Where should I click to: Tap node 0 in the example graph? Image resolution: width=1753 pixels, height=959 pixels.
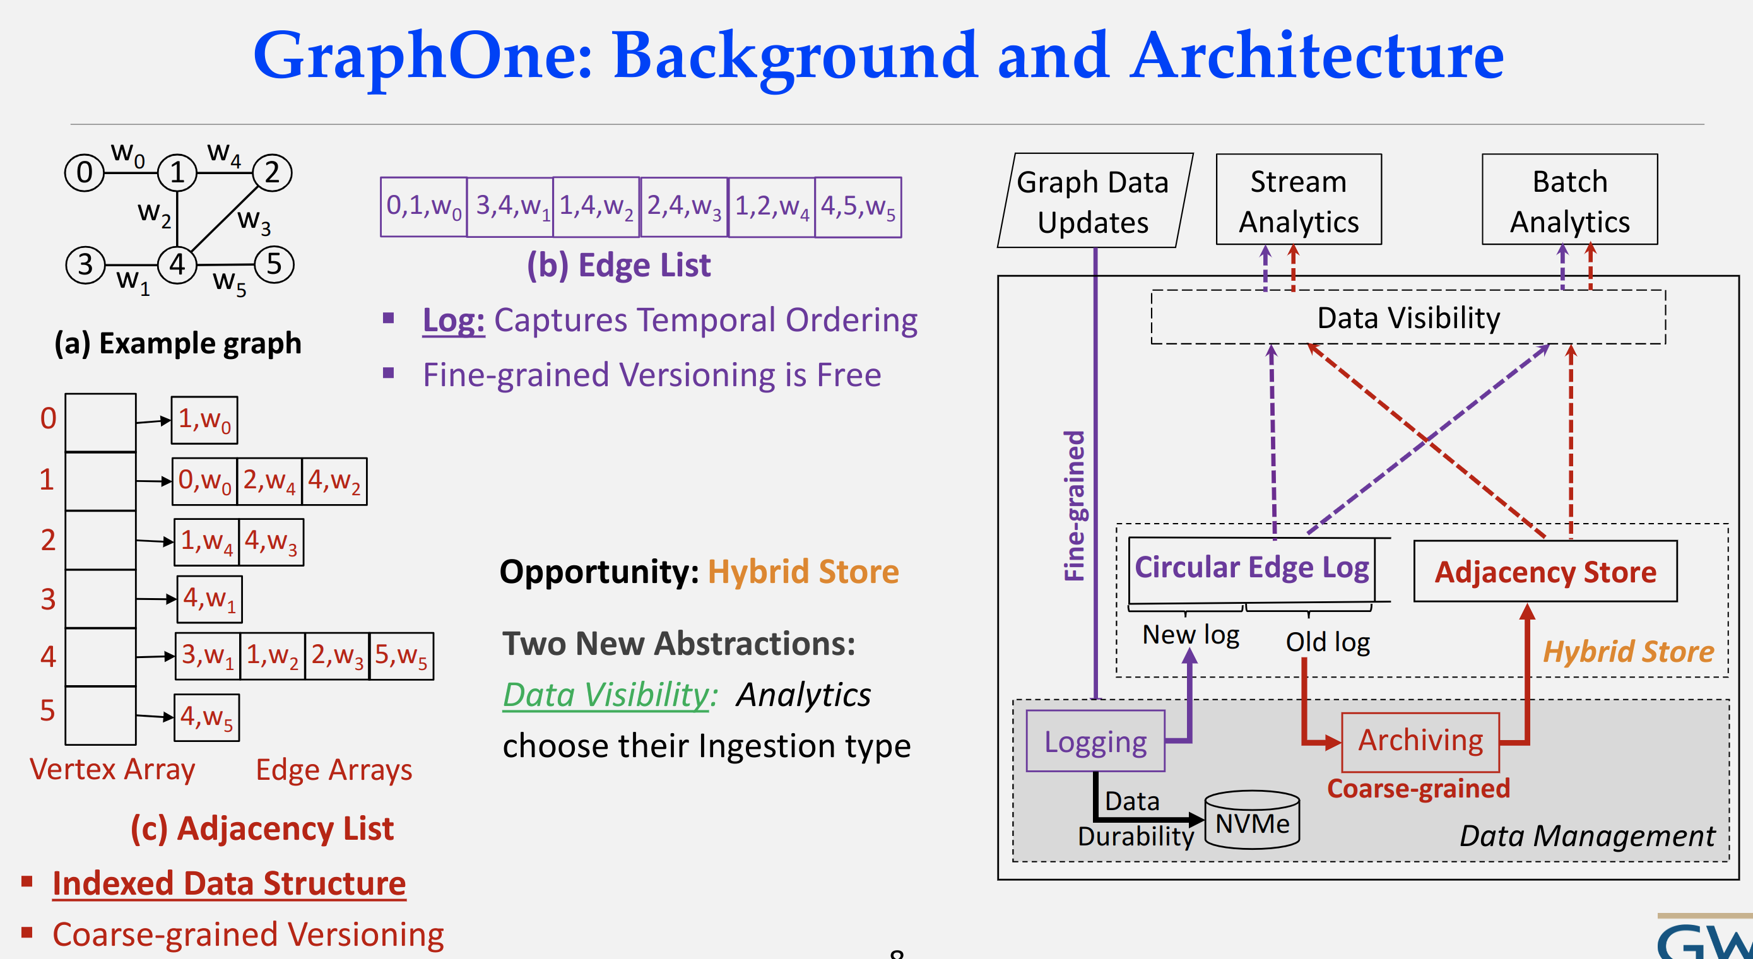84,173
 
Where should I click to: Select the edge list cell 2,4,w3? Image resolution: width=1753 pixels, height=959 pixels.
683,207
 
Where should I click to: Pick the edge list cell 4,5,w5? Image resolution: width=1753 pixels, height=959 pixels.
858,207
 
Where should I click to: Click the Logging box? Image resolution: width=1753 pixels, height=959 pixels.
1095,741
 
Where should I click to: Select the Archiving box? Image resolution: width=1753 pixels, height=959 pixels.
1420,741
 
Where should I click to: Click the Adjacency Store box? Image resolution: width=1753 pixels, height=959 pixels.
1545,572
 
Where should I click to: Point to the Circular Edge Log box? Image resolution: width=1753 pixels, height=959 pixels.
1251,568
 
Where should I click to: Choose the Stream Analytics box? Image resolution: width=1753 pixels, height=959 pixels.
1299,200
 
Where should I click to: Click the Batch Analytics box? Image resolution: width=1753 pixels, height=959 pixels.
1569,200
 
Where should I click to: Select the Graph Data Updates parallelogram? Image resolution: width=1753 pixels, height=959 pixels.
1094,201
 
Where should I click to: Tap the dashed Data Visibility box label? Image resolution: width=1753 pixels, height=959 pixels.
1408,318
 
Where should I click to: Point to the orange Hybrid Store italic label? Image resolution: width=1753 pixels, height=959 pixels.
1628,651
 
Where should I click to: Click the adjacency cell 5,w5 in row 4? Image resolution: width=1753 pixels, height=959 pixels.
401,656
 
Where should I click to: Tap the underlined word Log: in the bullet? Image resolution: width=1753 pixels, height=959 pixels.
453,320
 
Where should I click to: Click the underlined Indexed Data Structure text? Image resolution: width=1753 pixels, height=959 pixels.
228,883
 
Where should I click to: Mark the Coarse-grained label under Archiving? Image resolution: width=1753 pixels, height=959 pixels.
1418,788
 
